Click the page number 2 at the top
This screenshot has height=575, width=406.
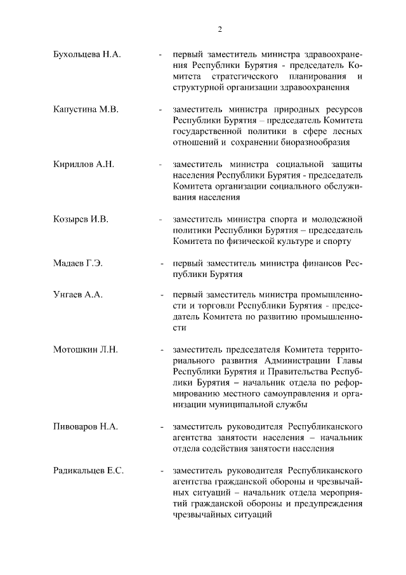(219, 29)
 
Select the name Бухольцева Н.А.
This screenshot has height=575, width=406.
(87, 55)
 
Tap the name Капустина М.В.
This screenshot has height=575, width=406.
(86, 109)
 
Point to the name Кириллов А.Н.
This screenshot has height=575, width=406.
(84, 164)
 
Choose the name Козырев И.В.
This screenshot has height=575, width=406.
(81, 219)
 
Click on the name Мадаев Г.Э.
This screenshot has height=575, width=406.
(80, 262)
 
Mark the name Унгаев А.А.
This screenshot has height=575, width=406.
(78, 295)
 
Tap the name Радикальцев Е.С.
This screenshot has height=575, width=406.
(89, 471)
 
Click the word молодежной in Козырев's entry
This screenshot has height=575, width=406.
(337, 219)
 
